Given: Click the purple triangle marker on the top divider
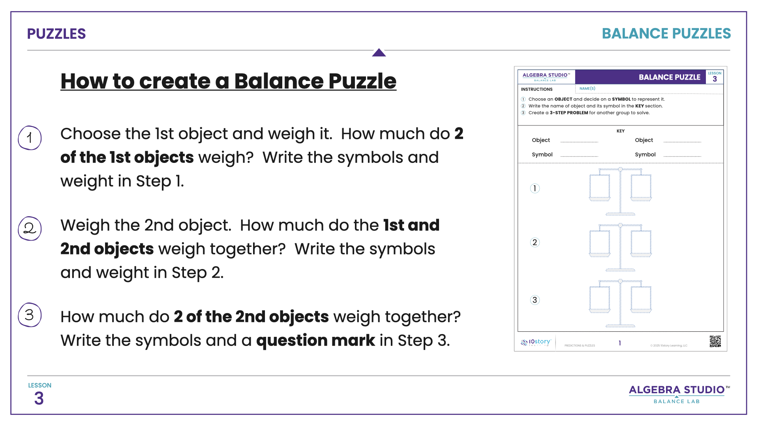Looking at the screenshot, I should pos(379,53).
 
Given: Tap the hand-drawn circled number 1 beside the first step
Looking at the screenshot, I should pos(30,138).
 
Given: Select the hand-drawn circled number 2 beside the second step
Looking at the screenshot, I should pos(30,228).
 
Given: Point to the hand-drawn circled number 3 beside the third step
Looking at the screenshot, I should pos(30,315).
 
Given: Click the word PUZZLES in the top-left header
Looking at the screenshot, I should pos(56,34).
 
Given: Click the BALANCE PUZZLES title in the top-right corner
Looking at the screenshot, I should pos(666,34).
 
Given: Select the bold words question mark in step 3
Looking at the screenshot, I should pos(315,340).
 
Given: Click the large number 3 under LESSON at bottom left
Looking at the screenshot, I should pos(39,398).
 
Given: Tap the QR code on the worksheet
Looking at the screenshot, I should pos(715,341).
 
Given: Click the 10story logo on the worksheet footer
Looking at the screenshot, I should pos(536,342).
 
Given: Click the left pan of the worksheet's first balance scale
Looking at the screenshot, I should pos(599,187).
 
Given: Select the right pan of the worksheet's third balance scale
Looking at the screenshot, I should pos(641,299).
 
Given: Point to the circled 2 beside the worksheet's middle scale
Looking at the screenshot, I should pos(535,242).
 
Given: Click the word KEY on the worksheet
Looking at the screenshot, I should pos(621,131).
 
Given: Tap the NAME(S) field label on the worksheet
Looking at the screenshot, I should pos(587,89).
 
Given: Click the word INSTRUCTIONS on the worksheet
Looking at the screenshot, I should pos(537,90).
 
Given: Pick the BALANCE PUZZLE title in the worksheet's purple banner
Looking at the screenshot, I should pos(670,77).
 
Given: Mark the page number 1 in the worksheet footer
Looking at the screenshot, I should pos(620,343).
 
